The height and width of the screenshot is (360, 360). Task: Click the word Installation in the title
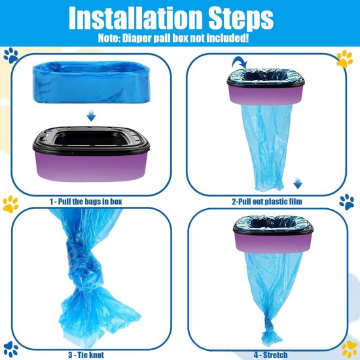(x=136, y=17)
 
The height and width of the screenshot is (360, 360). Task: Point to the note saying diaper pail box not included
(x=173, y=38)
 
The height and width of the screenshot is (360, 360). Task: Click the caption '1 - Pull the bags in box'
(x=86, y=202)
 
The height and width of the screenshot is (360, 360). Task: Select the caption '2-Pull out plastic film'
(x=267, y=202)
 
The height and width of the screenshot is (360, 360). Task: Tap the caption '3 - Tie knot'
(x=86, y=355)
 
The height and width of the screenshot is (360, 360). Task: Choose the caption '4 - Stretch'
(x=270, y=355)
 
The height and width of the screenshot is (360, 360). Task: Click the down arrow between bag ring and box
(x=91, y=115)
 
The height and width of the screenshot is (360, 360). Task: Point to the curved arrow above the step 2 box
(x=240, y=62)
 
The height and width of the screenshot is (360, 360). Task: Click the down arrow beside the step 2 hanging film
(x=298, y=183)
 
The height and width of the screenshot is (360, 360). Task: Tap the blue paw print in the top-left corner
(x=10, y=56)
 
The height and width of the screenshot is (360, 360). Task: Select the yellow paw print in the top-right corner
(x=344, y=59)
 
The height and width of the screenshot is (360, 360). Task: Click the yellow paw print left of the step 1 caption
(x=10, y=204)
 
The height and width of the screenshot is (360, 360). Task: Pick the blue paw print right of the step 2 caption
(x=347, y=202)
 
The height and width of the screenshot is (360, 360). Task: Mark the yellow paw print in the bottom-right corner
(x=349, y=349)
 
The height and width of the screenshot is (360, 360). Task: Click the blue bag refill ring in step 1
(x=91, y=82)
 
